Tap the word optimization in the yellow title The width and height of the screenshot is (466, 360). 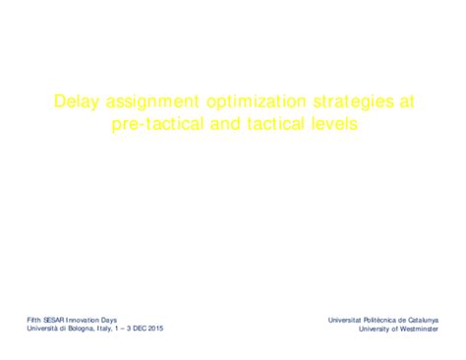(x=246, y=101)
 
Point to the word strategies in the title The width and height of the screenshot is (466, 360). (x=337, y=101)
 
